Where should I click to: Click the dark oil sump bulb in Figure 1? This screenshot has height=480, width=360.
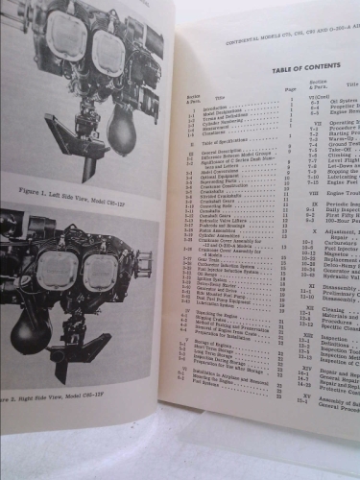[x=122, y=131]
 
